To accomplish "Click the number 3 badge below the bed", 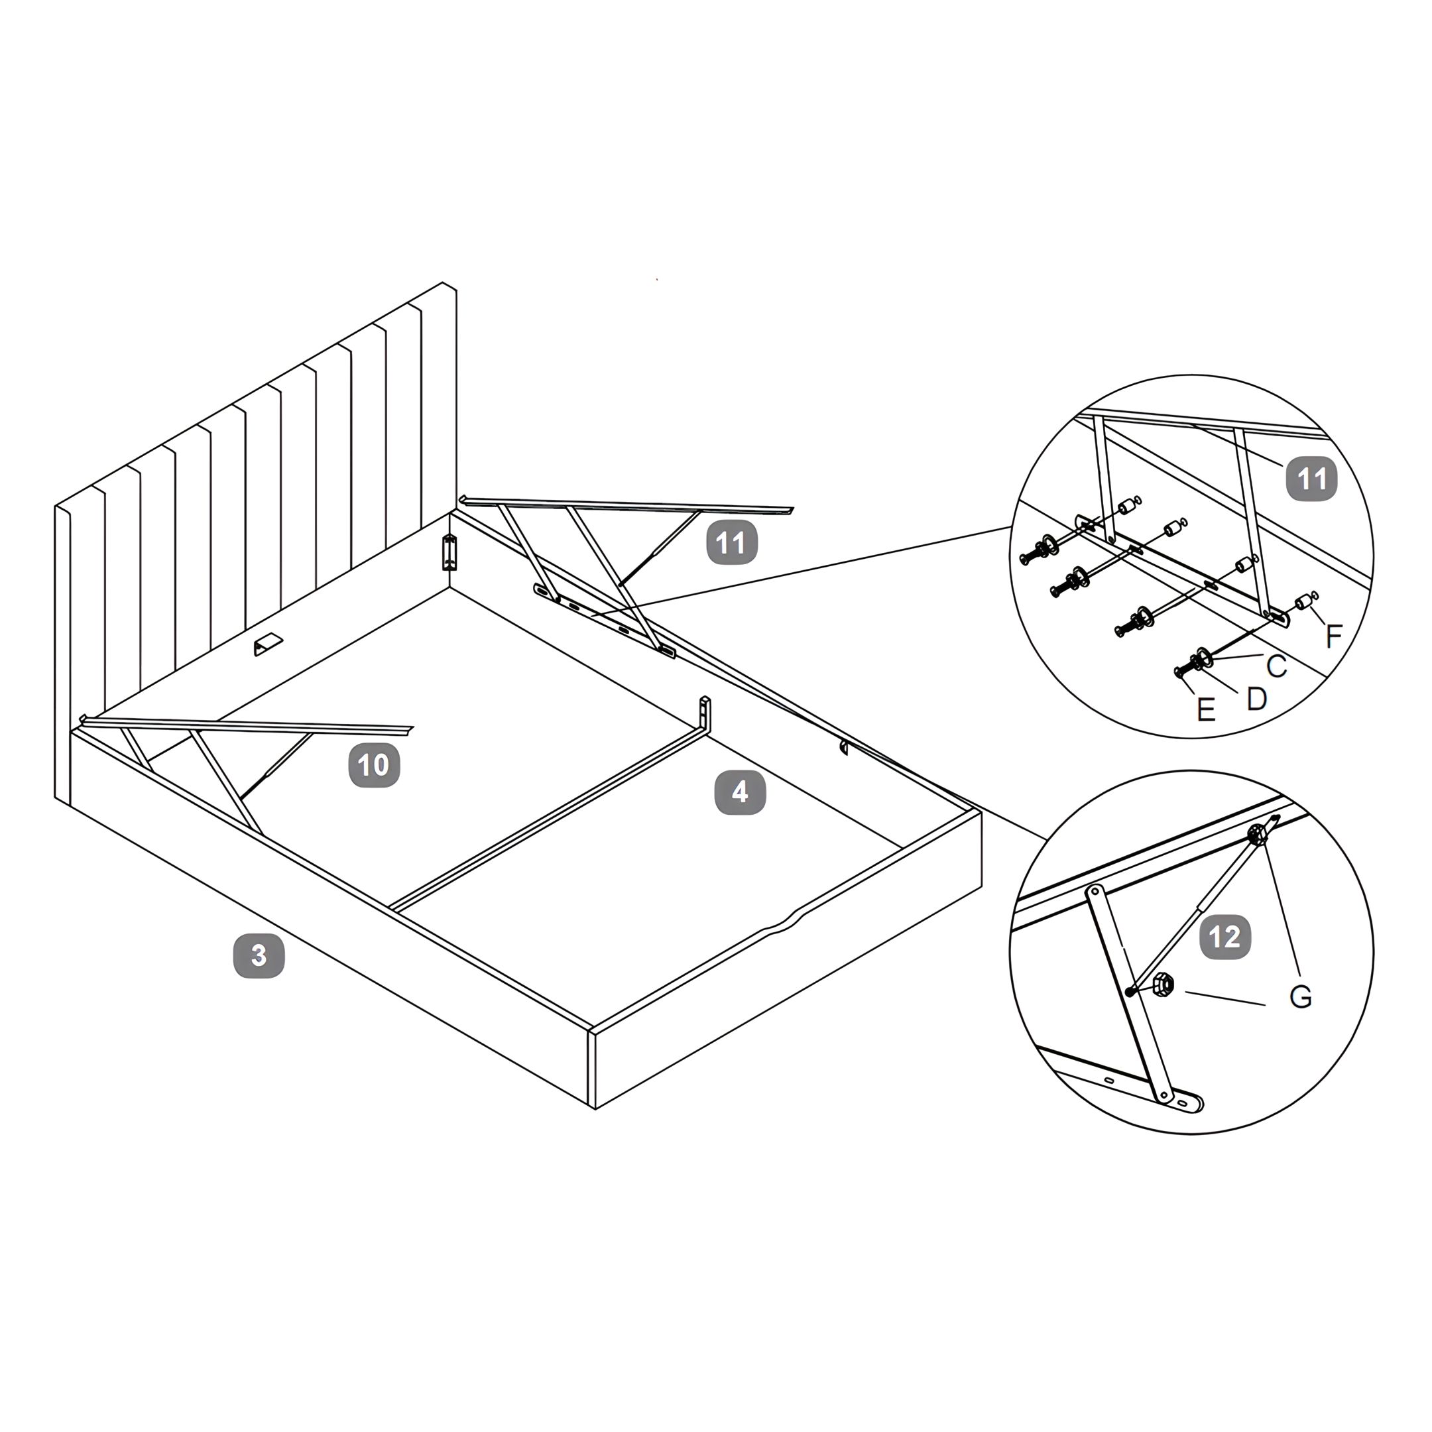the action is pos(259,956).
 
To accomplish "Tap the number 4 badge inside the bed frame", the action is pos(740,793).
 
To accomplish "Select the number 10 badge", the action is pos(375,765).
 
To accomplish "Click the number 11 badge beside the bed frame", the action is pos(731,544).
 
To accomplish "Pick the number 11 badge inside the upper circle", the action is pos(1312,479).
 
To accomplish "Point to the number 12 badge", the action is pos(1225,937).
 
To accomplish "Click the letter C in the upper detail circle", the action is pos(1276,666).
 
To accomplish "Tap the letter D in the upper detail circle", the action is pos(1256,697).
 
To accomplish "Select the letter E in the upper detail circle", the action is pos(1206,710).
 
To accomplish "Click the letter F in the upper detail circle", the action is pos(1333,635).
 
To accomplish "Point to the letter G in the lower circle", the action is pos(1301,997).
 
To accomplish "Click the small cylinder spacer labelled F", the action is pos(1302,601).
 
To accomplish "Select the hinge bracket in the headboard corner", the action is pos(447,552).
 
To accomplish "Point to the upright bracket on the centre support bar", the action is pos(705,713).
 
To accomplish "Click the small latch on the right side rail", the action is pos(843,746).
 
